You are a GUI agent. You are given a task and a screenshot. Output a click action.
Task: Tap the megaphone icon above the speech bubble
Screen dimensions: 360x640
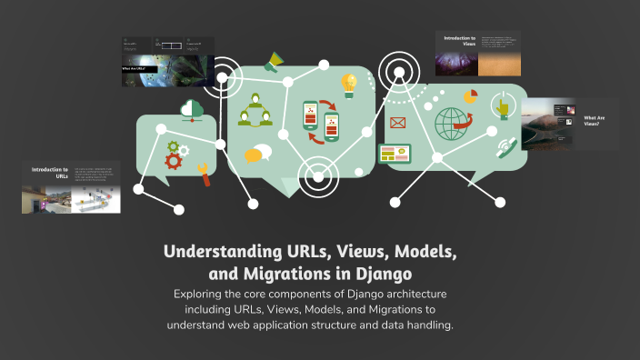pyautogui.click(x=272, y=63)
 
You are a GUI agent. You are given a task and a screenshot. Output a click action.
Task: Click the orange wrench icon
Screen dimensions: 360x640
pyautogui.click(x=204, y=175)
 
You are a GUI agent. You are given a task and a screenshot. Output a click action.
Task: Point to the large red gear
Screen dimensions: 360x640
pyautogui.click(x=174, y=162)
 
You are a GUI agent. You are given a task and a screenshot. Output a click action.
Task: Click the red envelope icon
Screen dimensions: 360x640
pyautogui.click(x=397, y=123)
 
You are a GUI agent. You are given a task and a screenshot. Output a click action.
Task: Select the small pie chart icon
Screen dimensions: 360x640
pyautogui.click(x=470, y=95)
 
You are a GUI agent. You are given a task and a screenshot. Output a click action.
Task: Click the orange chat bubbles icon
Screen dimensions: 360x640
pyautogui.click(x=258, y=154)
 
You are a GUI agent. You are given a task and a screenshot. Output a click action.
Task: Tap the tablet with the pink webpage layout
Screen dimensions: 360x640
pyautogui.click(x=395, y=154)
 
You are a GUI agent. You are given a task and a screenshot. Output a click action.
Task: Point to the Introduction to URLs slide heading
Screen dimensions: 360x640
pyautogui.click(x=50, y=173)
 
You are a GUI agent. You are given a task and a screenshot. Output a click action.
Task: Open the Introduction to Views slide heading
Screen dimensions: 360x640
pyautogui.click(x=459, y=41)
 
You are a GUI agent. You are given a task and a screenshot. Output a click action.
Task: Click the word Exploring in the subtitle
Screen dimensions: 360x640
pyautogui.click(x=202, y=295)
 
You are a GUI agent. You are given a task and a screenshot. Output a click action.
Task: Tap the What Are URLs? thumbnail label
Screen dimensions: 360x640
pyautogui.click(x=135, y=68)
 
